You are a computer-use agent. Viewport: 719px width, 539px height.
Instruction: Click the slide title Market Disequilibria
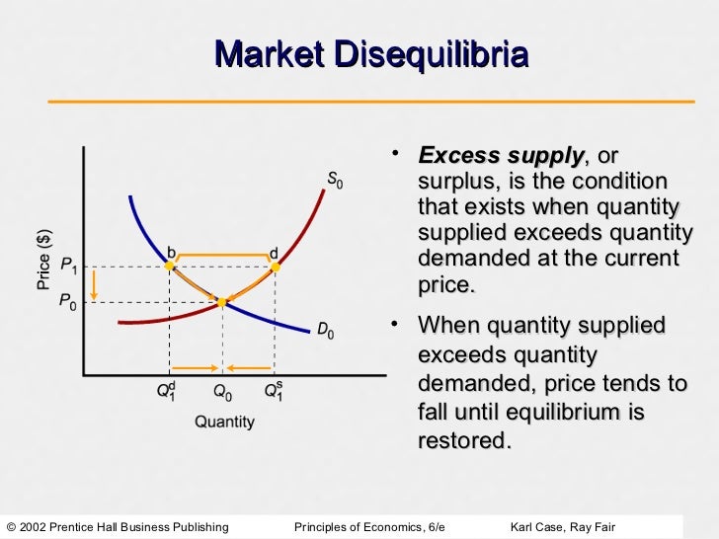370,54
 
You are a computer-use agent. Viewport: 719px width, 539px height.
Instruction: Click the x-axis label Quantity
223,423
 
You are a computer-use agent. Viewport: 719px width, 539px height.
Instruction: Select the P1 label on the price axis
69,266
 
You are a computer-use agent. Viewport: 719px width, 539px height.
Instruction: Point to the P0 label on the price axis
67,302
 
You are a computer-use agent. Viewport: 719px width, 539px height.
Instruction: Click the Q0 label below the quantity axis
223,392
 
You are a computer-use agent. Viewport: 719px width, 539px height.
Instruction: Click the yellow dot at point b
170,267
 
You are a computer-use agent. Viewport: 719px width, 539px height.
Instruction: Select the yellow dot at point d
276,267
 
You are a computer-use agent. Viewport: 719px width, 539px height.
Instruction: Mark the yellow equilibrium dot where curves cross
223,302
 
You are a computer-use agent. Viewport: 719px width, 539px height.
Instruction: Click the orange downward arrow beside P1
94,284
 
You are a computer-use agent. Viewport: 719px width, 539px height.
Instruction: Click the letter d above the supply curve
274,253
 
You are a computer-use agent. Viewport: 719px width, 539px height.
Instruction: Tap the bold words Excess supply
501,157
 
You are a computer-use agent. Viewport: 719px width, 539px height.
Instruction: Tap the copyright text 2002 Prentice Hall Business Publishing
123,525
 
